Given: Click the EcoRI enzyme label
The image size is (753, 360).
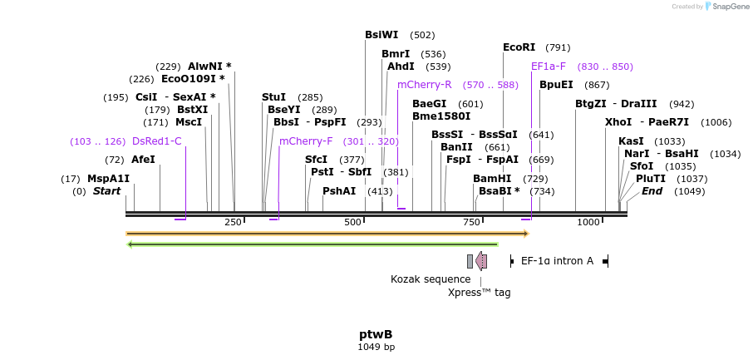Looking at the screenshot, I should pyautogui.click(x=519, y=47).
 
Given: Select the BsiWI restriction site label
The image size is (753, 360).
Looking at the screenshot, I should pyautogui.click(x=381, y=35).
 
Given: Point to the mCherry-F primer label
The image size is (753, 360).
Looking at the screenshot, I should pyautogui.click(x=306, y=141).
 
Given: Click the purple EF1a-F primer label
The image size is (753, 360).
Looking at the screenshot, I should pyautogui.click(x=549, y=67).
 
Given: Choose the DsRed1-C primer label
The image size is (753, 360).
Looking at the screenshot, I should pyautogui.click(x=156, y=141).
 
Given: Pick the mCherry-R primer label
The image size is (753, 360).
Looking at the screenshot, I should pyautogui.click(x=424, y=85).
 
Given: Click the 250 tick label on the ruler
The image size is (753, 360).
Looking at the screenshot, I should pyautogui.click(x=233, y=222).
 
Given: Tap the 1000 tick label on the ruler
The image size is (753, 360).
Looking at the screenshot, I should pyautogui.click(x=588, y=222).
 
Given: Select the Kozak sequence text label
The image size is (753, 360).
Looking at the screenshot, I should pyautogui.click(x=431, y=279).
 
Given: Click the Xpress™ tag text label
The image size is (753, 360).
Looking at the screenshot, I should pyautogui.click(x=479, y=293).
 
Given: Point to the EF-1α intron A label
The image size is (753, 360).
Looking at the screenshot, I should pyautogui.click(x=557, y=261).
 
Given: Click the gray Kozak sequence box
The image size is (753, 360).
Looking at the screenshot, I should pyautogui.click(x=470, y=261).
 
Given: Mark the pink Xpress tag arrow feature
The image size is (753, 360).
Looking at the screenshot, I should pyautogui.click(x=481, y=261).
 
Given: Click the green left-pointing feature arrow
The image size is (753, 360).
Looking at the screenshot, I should pyautogui.click(x=312, y=244).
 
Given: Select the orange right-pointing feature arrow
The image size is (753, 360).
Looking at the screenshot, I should pyautogui.click(x=327, y=234).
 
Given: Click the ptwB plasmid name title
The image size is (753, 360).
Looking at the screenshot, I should pyautogui.click(x=376, y=333).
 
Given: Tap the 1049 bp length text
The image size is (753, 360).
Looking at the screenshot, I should pyautogui.click(x=376, y=347).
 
